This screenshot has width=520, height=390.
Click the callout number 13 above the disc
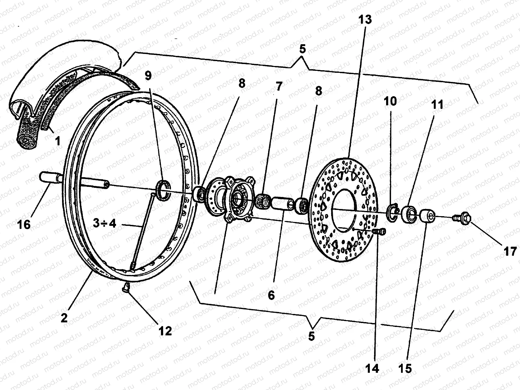pyautogui.click(x=365, y=19)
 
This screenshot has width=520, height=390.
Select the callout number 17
pyautogui.click(x=510, y=251)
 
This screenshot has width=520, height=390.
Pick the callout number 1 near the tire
pyautogui.click(x=58, y=141)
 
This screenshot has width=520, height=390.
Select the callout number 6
pyautogui.click(x=271, y=295)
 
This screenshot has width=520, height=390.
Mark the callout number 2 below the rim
pyautogui.click(x=64, y=317)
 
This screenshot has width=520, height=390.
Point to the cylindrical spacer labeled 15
pyautogui.click(x=427, y=216)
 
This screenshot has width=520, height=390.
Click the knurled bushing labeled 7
pyautogui.click(x=263, y=201)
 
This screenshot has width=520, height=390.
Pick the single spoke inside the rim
pyautogui.click(x=143, y=231)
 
